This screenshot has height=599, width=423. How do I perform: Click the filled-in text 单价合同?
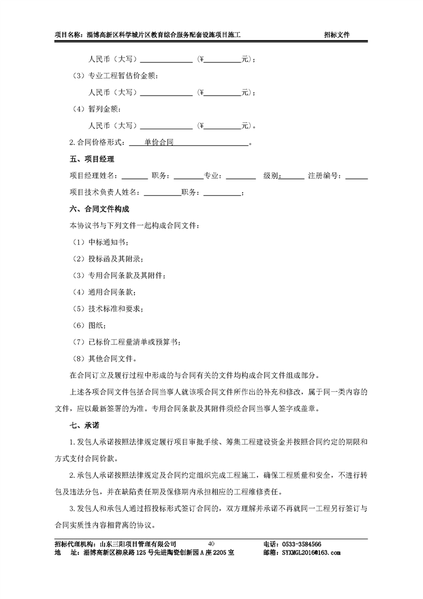coord(159,143)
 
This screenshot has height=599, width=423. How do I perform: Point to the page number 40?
coord(211,544)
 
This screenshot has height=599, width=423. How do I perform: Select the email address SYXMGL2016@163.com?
coord(310,553)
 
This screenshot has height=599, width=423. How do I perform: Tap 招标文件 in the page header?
coord(337,35)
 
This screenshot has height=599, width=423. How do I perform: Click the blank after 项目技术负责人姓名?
coord(162,192)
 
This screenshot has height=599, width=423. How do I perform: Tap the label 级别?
coord(271,176)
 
